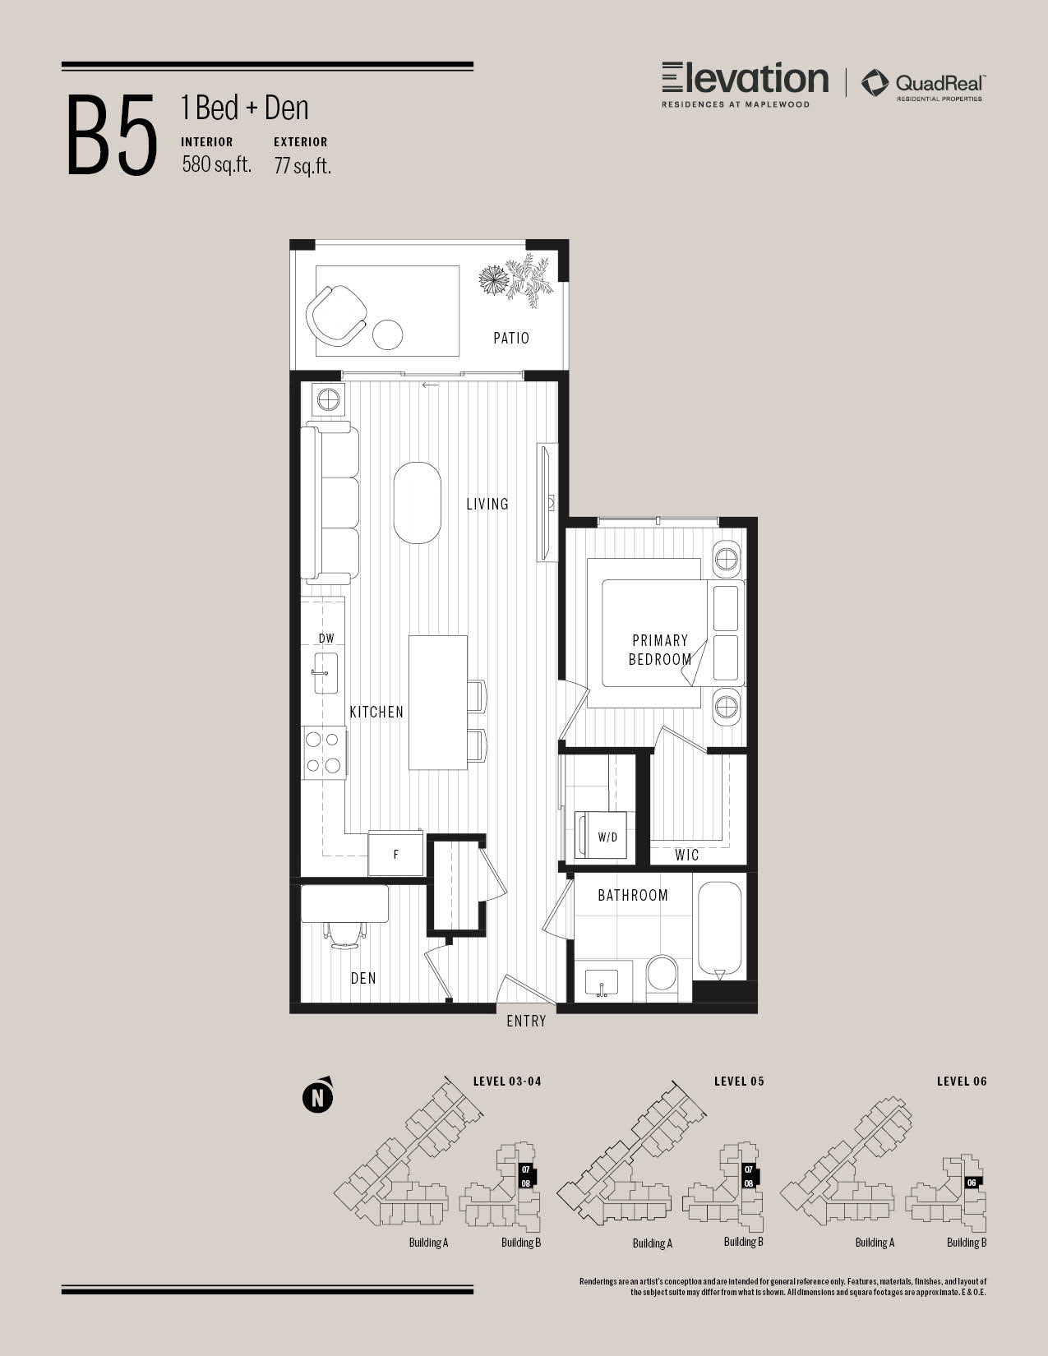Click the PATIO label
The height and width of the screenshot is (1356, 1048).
511,339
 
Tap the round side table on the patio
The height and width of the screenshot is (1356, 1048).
388,334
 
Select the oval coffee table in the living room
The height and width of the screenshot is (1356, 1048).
417,502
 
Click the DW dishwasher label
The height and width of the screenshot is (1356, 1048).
326,639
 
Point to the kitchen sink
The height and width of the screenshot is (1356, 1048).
325,673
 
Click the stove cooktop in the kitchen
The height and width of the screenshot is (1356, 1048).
324,753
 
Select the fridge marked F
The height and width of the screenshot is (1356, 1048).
395,854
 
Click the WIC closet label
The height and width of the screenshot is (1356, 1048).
686,855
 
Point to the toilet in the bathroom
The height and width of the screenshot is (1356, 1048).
662,975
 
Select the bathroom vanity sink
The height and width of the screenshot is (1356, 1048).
602,984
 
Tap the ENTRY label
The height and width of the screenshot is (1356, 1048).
526,1021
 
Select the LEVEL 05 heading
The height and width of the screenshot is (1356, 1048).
739,1082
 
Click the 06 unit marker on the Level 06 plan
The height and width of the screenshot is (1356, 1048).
972,1182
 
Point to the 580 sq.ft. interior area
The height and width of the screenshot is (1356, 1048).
217,164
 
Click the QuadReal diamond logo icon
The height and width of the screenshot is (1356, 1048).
875,83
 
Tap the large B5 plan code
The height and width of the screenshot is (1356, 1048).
112,135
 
